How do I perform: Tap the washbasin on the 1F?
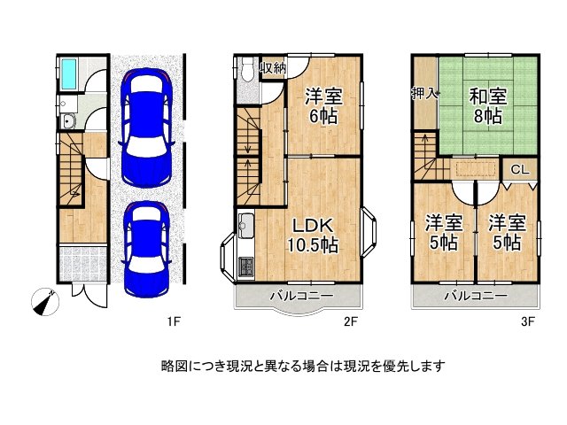tap(67, 123)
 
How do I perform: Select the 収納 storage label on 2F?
tap(272, 68)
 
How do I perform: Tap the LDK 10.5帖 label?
tap(309, 234)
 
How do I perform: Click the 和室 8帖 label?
tap(487, 105)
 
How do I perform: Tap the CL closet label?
tap(520, 169)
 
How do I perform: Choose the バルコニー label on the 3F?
tap(476, 297)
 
